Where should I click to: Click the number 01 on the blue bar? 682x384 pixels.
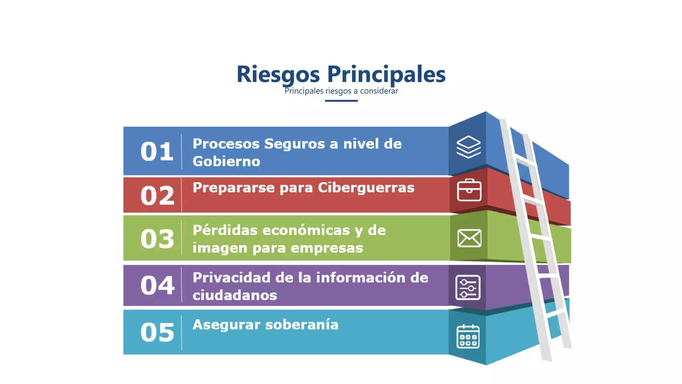click(x=157, y=152)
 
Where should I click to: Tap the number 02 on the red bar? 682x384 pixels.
click(x=157, y=196)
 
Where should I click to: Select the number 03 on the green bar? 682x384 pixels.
click(x=157, y=239)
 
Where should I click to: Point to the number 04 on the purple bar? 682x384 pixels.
click(x=157, y=285)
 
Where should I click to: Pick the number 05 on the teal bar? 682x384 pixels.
click(x=157, y=332)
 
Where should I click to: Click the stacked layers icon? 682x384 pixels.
click(x=469, y=147)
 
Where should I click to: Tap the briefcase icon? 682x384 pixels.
click(x=469, y=190)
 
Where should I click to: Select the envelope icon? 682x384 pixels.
click(x=469, y=238)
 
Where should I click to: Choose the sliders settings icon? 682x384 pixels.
click(x=468, y=287)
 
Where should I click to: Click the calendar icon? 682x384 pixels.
click(x=468, y=336)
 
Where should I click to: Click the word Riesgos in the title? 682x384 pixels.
click(x=278, y=74)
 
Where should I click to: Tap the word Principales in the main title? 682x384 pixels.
click(x=386, y=74)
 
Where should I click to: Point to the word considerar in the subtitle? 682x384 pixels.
click(x=379, y=91)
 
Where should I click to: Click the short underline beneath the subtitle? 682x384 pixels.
click(x=341, y=101)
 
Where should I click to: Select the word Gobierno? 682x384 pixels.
click(x=226, y=161)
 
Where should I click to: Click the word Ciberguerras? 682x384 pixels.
click(x=366, y=188)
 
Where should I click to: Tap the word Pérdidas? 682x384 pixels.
click(x=225, y=230)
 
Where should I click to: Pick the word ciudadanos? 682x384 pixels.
click(x=235, y=295)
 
